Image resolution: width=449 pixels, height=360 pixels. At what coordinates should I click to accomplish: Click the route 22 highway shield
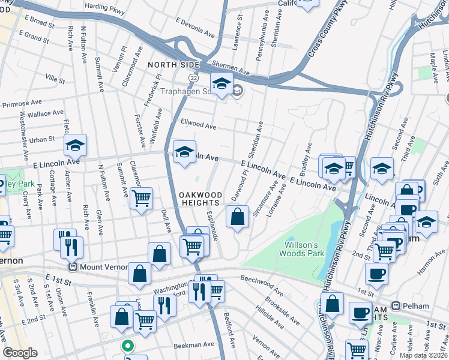click(193, 78)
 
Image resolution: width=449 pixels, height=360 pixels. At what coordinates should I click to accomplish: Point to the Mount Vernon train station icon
click(73, 267)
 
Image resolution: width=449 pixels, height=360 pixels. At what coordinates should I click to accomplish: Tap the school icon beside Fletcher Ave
click(76, 146)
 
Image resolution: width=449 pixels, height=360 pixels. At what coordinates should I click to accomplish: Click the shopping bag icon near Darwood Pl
click(238, 217)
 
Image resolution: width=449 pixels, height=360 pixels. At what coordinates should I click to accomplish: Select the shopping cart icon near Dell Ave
click(141, 198)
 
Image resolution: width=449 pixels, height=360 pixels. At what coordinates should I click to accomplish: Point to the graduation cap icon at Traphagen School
click(221, 83)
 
